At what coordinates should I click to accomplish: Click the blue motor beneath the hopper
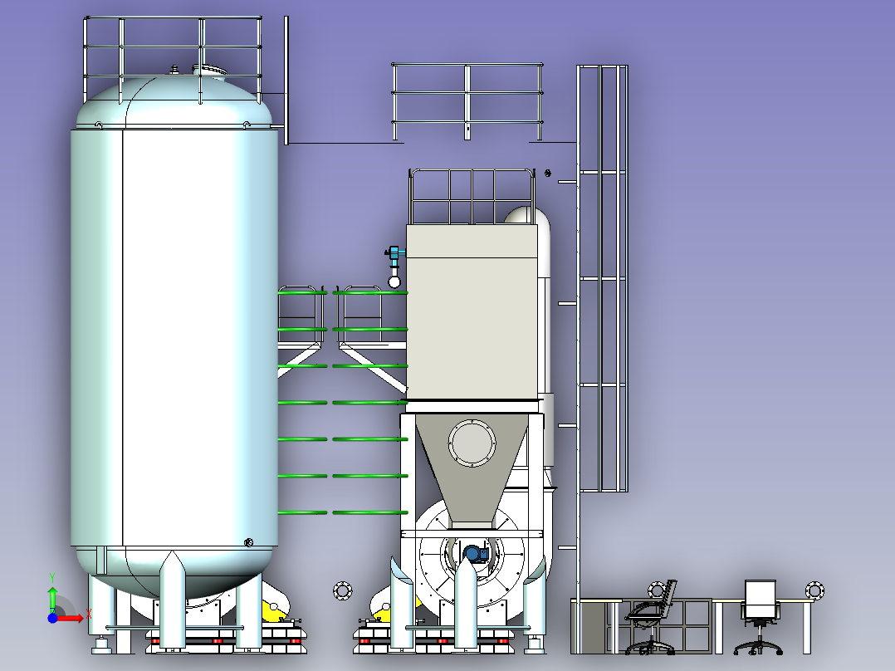475,553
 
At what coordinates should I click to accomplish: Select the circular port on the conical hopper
472,443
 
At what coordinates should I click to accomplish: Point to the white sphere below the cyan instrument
394,282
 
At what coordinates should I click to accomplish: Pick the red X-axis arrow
70,618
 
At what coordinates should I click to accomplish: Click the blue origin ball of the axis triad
52,618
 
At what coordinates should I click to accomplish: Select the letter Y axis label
52,578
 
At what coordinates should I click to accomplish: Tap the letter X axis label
89,615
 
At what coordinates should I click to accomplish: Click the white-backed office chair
760,615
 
